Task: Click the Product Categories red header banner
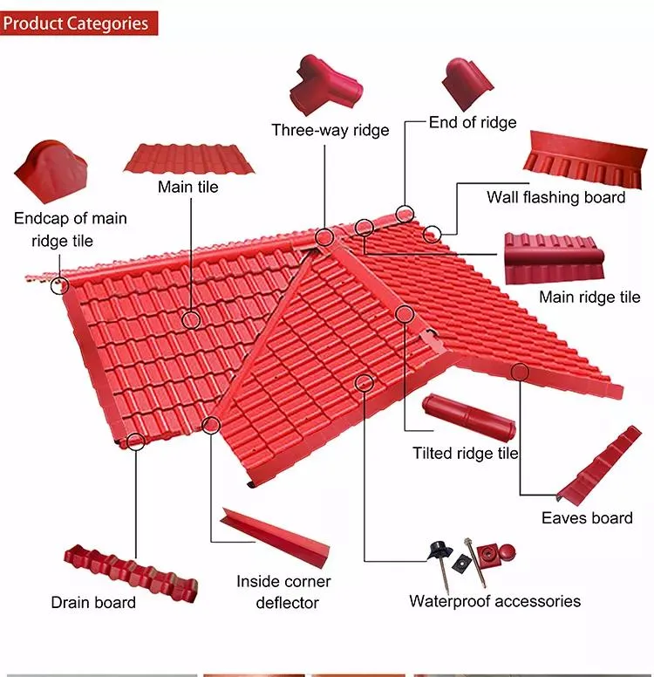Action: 78,24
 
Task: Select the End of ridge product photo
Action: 467,84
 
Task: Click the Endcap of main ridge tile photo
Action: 51,171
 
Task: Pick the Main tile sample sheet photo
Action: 189,159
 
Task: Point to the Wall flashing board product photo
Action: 585,159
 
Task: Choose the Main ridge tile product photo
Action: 555,258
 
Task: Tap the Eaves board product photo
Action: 599,466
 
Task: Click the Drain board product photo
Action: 131,573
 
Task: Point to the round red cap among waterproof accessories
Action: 507,550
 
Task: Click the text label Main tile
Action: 187,187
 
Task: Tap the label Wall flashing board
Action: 556,197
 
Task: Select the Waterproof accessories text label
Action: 494,601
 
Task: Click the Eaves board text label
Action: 587,517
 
